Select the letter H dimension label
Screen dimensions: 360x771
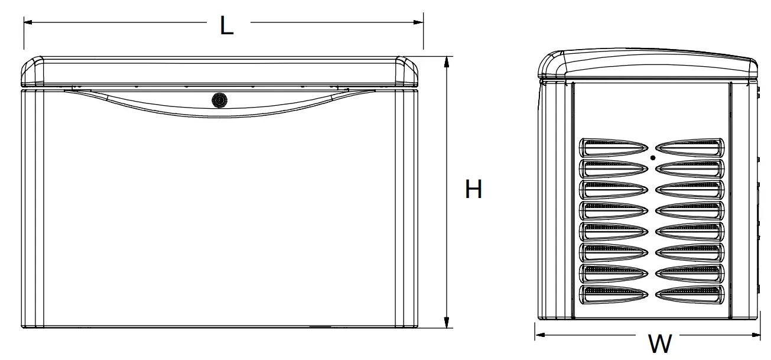(x=473, y=190)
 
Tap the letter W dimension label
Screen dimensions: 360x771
(x=659, y=343)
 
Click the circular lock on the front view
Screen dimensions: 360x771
(x=220, y=100)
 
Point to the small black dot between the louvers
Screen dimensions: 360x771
(x=652, y=158)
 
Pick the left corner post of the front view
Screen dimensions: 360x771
(x=32, y=207)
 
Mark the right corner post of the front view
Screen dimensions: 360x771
(x=407, y=207)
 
